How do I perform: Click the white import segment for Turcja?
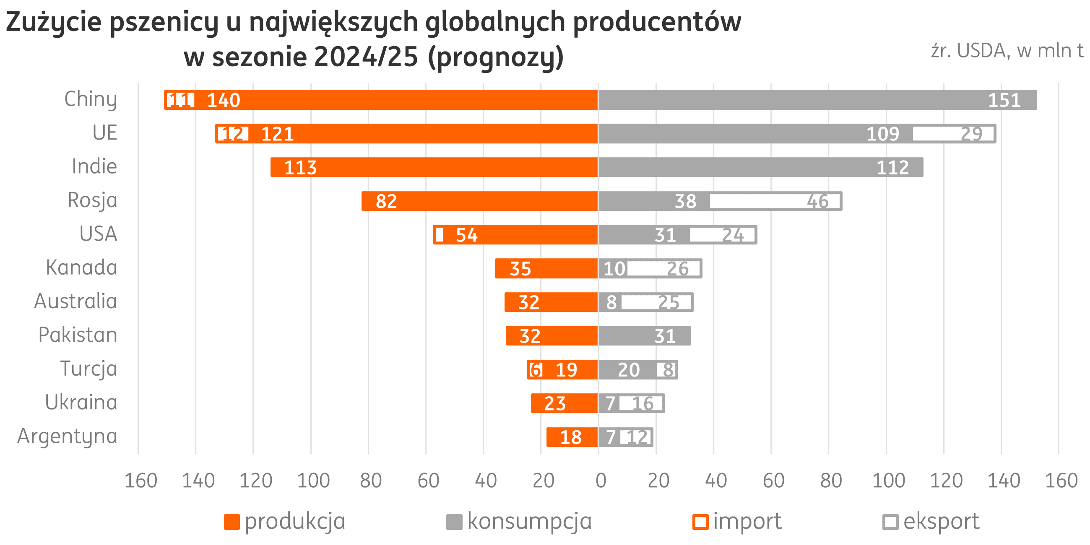pyautogui.click(x=536, y=370)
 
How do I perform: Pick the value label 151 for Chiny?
pyautogui.click(x=1004, y=100)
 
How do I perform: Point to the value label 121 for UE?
pyautogui.click(x=278, y=134)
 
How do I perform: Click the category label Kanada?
pyautogui.click(x=81, y=268)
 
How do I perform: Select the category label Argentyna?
pyautogui.click(x=67, y=436)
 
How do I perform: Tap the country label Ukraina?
pyautogui.click(x=81, y=402)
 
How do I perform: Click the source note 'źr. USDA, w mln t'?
pyautogui.click(x=1007, y=51)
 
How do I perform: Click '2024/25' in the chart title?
pyautogui.click(x=366, y=57)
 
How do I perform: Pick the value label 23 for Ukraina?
pyautogui.click(x=555, y=404)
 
